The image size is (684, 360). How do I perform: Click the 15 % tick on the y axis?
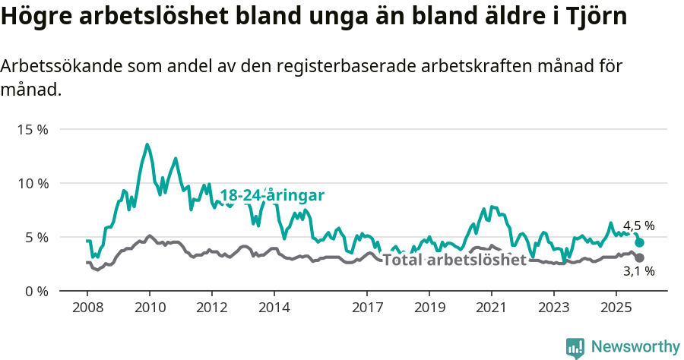[x=33, y=130]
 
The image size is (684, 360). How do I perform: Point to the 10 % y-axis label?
[x=33, y=184]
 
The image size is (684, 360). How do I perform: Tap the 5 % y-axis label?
[x=36, y=238]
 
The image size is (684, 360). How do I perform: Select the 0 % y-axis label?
[x=36, y=292]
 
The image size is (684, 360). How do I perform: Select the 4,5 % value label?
[x=638, y=226]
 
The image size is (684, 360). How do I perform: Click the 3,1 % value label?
[x=638, y=270]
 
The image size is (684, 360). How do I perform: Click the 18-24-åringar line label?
[x=272, y=196]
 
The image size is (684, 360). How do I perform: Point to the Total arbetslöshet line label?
[x=454, y=261]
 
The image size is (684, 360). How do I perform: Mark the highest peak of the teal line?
[x=147, y=144]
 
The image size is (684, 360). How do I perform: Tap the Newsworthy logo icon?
[x=575, y=348]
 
